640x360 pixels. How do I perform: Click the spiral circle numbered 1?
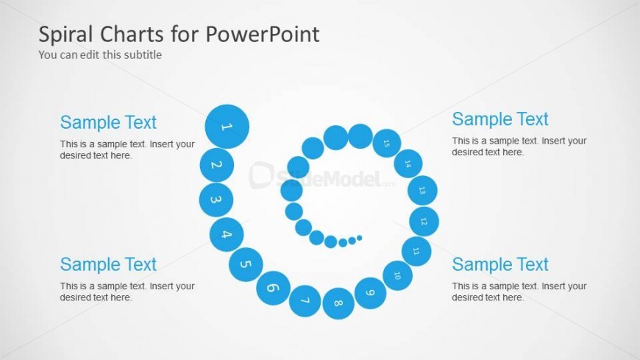pyautogui.click(x=227, y=127)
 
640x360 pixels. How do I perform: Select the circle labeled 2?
pyautogui.click(x=217, y=165)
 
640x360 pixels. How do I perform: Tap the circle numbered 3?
pyautogui.click(x=216, y=200)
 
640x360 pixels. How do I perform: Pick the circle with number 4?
pyautogui.click(x=227, y=235)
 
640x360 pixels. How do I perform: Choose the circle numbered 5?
pyautogui.click(x=246, y=264)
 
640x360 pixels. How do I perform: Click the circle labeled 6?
pyautogui.click(x=273, y=288)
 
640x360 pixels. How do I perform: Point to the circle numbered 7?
pyautogui.click(x=305, y=301)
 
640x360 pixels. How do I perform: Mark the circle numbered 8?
pyautogui.click(x=338, y=303)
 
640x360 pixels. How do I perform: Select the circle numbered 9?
pyautogui.click(x=370, y=293)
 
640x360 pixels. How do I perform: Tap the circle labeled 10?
pyautogui.click(x=397, y=275)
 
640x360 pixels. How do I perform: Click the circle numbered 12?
pyautogui.click(x=424, y=222)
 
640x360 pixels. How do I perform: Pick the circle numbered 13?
pyautogui.click(x=422, y=191)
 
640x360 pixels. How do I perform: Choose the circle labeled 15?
pyautogui.click(x=386, y=143)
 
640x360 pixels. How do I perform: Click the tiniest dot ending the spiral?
pyautogui.click(x=360, y=238)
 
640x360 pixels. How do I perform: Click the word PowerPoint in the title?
pyautogui.click(x=263, y=34)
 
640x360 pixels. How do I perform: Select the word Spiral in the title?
pyautogui.click(x=66, y=34)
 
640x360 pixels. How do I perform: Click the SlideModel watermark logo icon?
pyautogui.click(x=261, y=176)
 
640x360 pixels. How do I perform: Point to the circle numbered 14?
pyautogui.click(x=408, y=164)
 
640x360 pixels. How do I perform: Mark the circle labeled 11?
pyautogui.click(x=416, y=251)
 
